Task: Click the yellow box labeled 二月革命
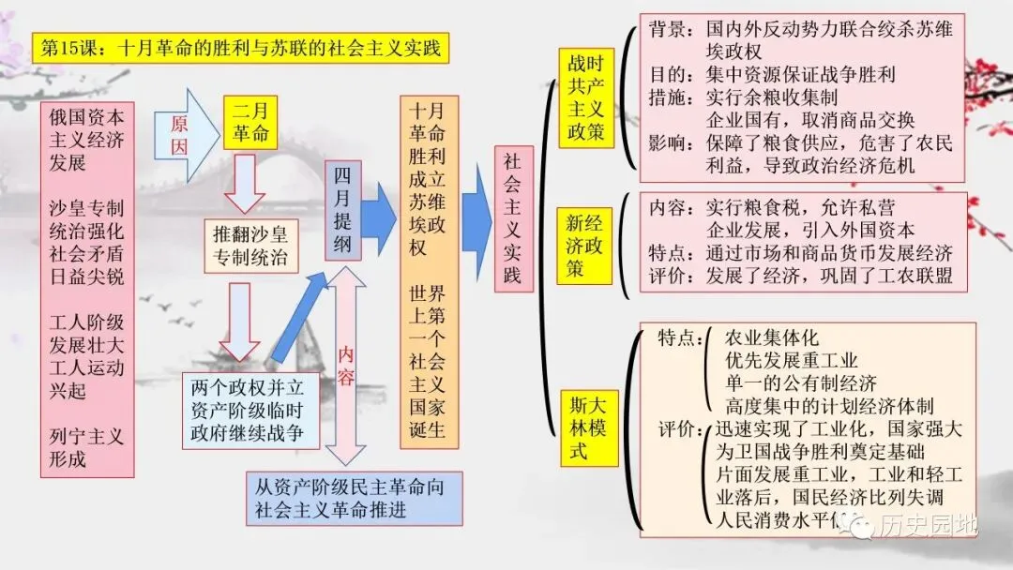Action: pyautogui.click(x=250, y=122)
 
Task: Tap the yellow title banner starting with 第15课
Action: pyautogui.click(x=238, y=47)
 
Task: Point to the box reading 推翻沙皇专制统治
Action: pyautogui.click(x=250, y=246)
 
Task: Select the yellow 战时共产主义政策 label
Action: pyautogui.click(x=586, y=98)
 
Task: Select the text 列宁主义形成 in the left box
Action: pyautogui.click(x=86, y=448)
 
